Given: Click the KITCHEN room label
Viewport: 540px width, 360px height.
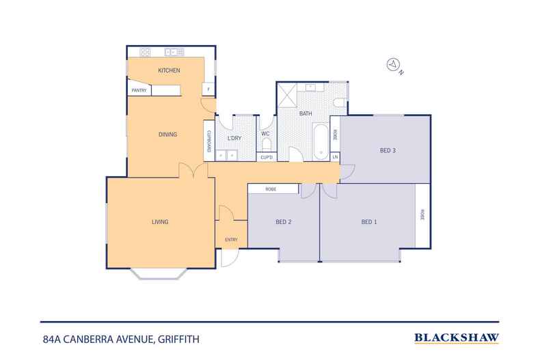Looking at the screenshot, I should [x=169, y=71].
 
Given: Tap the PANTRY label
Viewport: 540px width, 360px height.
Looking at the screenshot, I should [x=139, y=90].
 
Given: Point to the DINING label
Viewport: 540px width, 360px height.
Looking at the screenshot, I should [x=167, y=135].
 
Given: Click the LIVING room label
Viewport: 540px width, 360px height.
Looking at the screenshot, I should [x=160, y=222].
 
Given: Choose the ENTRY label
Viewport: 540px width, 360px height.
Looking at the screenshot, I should [x=231, y=239].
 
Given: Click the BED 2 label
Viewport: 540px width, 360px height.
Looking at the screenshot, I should [x=284, y=222].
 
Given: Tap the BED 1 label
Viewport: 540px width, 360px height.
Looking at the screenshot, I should [x=369, y=222].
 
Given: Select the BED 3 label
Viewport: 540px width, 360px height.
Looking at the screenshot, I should [x=388, y=151].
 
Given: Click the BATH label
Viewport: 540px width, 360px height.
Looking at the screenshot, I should [x=306, y=113].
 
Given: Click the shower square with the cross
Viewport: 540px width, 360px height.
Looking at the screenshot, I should [x=287, y=92].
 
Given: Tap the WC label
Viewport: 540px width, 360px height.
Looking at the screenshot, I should [x=266, y=134].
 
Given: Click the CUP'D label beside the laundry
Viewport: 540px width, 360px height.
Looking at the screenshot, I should [x=267, y=158].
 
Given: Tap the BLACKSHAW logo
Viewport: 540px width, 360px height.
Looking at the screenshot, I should [x=457, y=337].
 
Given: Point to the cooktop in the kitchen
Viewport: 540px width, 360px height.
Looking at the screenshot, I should [x=146, y=52].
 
